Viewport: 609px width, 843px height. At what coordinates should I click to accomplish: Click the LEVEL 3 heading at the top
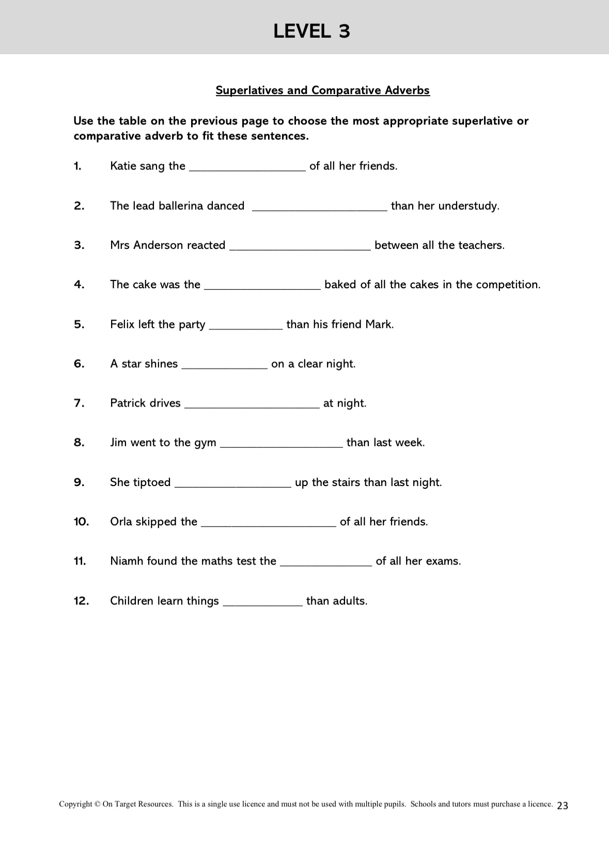point(311,32)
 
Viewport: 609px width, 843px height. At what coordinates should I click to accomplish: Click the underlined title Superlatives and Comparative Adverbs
point(322,90)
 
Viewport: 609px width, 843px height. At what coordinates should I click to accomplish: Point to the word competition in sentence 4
point(508,285)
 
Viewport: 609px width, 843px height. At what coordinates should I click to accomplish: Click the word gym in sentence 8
point(205,443)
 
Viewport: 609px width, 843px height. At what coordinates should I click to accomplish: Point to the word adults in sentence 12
point(351,601)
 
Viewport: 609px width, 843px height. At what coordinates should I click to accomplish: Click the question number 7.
point(79,403)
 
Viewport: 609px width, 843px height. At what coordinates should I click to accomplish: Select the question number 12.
point(81,601)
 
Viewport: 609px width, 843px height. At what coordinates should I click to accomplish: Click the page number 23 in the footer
point(563,805)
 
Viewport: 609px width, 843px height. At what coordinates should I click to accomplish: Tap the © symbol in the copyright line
point(97,804)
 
